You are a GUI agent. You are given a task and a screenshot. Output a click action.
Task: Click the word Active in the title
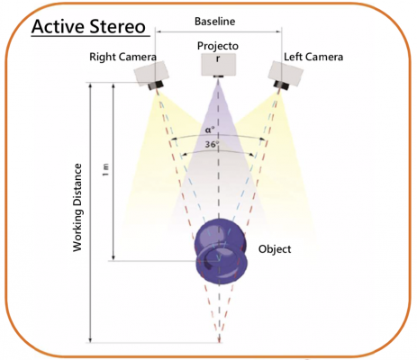pos(58,26)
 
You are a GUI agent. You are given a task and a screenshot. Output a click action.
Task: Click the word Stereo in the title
pos(118,26)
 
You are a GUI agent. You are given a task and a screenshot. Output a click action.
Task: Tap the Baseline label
pos(215,22)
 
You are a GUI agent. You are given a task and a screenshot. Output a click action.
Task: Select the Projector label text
pos(218,51)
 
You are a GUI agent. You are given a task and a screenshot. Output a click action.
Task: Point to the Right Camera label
pos(122,57)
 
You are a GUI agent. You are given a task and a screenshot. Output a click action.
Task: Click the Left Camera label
pos(313,57)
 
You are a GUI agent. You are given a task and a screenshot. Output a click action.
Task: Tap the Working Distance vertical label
pos(77,208)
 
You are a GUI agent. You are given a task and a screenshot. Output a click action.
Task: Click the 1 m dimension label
pos(105,170)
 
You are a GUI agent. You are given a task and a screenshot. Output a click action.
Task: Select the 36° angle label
pos(213,144)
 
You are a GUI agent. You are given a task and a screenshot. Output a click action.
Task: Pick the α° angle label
pos(210,130)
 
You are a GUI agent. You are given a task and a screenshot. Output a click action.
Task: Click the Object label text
pos(275,249)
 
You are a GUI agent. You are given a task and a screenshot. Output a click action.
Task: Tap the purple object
pos(222,251)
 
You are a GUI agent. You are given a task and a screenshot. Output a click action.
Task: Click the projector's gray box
pos(218,64)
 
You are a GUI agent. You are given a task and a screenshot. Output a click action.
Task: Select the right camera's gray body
pos(150,72)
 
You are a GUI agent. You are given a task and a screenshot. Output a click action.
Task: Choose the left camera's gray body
pos(286,72)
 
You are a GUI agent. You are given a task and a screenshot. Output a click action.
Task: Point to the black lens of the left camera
pos(281,85)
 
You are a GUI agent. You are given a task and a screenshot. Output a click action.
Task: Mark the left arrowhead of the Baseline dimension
pos(158,31)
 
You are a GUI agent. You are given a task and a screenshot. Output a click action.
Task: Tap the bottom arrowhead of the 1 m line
pos(113,257)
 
